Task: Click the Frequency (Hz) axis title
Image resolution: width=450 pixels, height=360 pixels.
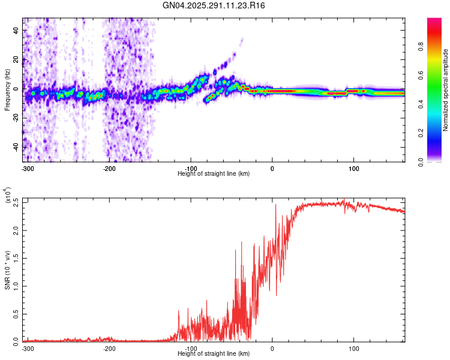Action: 7,90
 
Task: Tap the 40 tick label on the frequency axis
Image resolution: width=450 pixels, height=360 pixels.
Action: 17,30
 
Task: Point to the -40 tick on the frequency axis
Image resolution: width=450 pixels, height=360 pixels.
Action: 16,148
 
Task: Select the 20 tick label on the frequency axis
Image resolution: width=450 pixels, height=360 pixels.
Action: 17,59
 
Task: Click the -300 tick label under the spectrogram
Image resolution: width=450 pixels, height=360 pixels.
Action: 27,169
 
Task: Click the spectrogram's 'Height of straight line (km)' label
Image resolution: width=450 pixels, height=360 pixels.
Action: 214,174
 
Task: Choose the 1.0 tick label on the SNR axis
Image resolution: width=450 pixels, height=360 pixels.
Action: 16,286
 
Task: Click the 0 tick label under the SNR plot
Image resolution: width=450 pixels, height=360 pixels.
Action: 272,349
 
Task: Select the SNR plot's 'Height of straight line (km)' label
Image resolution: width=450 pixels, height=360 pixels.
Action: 214,354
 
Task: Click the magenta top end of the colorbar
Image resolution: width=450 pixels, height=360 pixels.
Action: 434,22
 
